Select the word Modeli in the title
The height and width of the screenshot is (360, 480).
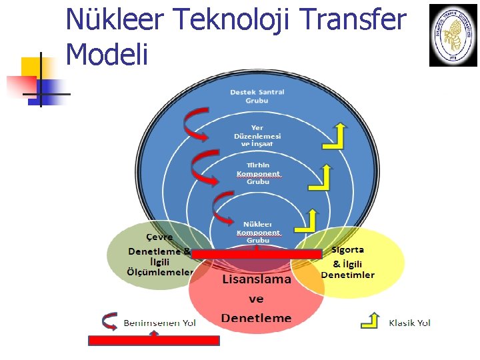(107, 54)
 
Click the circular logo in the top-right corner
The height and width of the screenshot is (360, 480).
(453, 35)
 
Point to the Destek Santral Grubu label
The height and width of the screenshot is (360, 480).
(257, 96)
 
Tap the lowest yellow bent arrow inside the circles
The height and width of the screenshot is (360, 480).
(308, 220)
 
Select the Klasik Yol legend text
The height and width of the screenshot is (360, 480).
(409, 323)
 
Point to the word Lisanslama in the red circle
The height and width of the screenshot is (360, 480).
(257, 279)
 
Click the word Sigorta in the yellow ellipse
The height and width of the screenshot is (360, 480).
(347, 250)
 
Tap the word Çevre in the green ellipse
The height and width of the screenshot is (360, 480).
(159, 237)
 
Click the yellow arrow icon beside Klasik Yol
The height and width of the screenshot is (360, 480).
(370, 321)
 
